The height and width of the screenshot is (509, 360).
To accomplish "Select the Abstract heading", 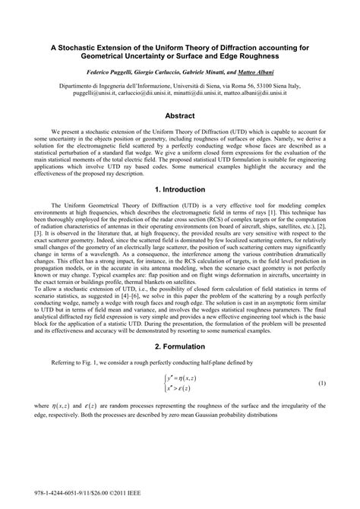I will pyautogui.click(x=180, y=116).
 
